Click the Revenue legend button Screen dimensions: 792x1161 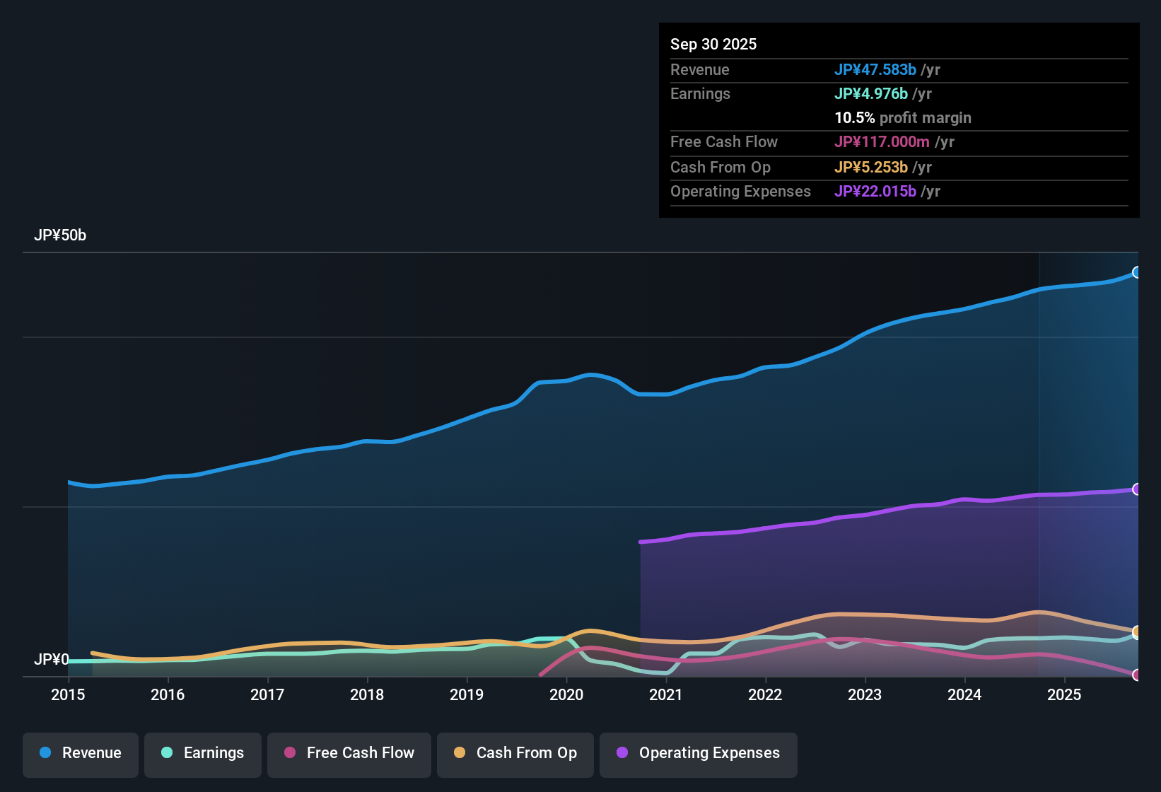click(x=81, y=753)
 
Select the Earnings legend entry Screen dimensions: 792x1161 click(x=203, y=753)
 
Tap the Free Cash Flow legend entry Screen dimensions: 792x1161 click(x=349, y=753)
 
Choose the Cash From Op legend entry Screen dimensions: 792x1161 click(x=515, y=753)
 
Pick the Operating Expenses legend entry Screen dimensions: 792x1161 click(x=699, y=753)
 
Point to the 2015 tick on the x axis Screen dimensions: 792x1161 click(x=68, y=694)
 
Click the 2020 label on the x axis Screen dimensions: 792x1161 click(x=566, y=694)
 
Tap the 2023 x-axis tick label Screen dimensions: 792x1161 click(x=865, y=694)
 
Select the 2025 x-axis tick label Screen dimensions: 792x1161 click(x=1064, y=694)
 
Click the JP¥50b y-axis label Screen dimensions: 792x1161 click(x=60, y=235)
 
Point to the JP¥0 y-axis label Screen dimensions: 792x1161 click(x=51, y=659)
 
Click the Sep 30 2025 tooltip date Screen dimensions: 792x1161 click(x=713, y=44)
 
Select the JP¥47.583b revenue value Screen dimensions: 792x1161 click(x=875, y=69)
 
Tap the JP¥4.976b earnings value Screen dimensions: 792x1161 click(x=871, y=93)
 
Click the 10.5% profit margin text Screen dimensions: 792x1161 click(x=903, y=117)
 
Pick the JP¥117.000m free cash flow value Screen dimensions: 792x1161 click(x=882, y=141)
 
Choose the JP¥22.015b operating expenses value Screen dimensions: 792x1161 click(x=875, y=191)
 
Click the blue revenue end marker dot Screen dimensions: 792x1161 click(x=1136, y=272)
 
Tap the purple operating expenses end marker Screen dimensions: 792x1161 click(x=1136, y=489)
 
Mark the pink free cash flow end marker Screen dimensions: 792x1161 click(x=1136, y=675)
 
